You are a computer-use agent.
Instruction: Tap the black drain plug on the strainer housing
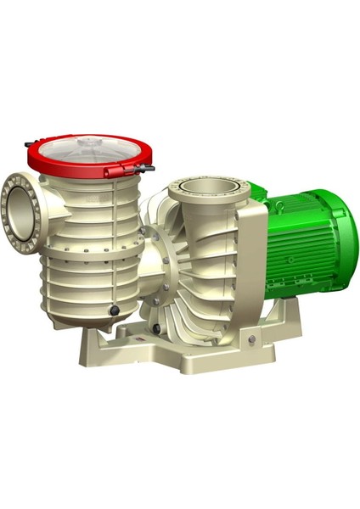pyautogui.click(x=114, y=313)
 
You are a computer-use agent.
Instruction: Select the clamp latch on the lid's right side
pyautogui.click(x=145, y=170)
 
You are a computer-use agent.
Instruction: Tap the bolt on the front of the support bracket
pyautogui.click(x=251, y=342)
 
